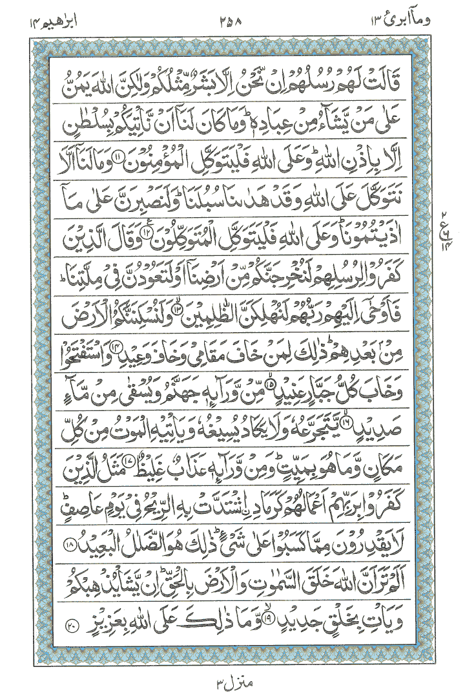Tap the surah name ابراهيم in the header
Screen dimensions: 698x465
coord(34,14)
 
